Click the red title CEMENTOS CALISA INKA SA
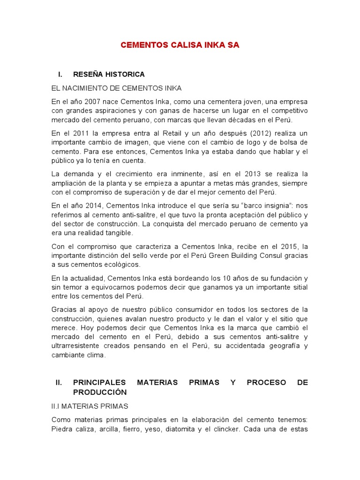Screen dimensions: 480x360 pos(180,45)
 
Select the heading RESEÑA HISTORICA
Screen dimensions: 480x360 pos(109,75)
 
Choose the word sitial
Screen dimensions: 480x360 pos(298,287)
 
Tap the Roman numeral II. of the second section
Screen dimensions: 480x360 pos(59,382)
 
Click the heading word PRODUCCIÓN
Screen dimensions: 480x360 pos(100,392)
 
